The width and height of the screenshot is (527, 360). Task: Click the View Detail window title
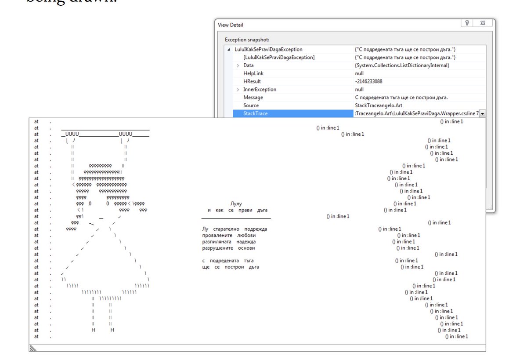231,25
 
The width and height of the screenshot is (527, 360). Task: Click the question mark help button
467,24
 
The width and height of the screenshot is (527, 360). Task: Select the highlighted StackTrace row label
256,113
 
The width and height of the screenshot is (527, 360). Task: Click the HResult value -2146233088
368,81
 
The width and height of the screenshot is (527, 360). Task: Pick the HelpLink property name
253,73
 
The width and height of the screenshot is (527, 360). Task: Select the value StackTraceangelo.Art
378,105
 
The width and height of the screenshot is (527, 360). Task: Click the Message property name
253,98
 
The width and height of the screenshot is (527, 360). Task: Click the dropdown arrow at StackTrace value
483,114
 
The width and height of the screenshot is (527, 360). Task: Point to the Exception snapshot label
246,40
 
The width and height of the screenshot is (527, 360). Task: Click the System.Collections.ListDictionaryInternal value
402,65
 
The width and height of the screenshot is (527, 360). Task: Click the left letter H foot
94,330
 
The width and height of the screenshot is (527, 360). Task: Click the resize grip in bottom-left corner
32,348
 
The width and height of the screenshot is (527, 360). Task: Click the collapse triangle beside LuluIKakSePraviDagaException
229,50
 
